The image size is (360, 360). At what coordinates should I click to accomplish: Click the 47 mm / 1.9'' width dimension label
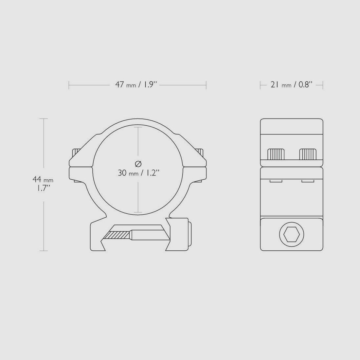pyautogui.click(x=137, y=85)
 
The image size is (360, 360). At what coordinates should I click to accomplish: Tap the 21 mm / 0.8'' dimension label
pyautogui.click(x=291, y=85)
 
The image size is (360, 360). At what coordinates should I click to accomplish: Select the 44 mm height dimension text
pyautogui.click(x=43, y=179)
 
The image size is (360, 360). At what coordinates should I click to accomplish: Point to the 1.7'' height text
pyautogui.click(x=43, y=188)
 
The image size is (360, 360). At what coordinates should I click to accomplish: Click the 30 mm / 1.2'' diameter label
pyautogui.click(x=138, y=173)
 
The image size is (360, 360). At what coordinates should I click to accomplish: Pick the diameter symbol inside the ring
pyautogui.click(x=138, y=163)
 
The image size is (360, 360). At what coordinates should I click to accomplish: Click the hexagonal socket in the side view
pyautogui.click(x=291, y=234)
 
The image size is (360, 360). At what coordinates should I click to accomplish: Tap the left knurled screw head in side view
pyautogui.click(x=276, y=154)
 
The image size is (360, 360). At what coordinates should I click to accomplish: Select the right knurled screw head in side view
pyautogui.click(x=308, y=154)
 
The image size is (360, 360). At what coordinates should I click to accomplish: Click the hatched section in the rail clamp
pyautogui.click(x=117, y=235)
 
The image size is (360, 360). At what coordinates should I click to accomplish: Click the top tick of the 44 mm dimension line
pyautogui.click(x=44, y=118)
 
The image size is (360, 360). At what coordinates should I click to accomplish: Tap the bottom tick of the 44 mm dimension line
pyautogui.click(x=44, y=251)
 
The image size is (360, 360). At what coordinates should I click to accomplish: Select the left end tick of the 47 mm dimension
pyautogui.click(x=69, y=85)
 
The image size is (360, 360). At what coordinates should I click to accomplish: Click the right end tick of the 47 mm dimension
pyautogui.click(x=206, y=85)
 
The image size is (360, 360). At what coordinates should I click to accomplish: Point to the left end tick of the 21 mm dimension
pyautogui.click(x=261, y=85)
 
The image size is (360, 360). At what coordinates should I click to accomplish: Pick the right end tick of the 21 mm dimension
pyautogui.click(x=323, y=85)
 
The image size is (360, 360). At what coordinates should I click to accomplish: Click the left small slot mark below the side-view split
pyautogui.click(x=276, y=181)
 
